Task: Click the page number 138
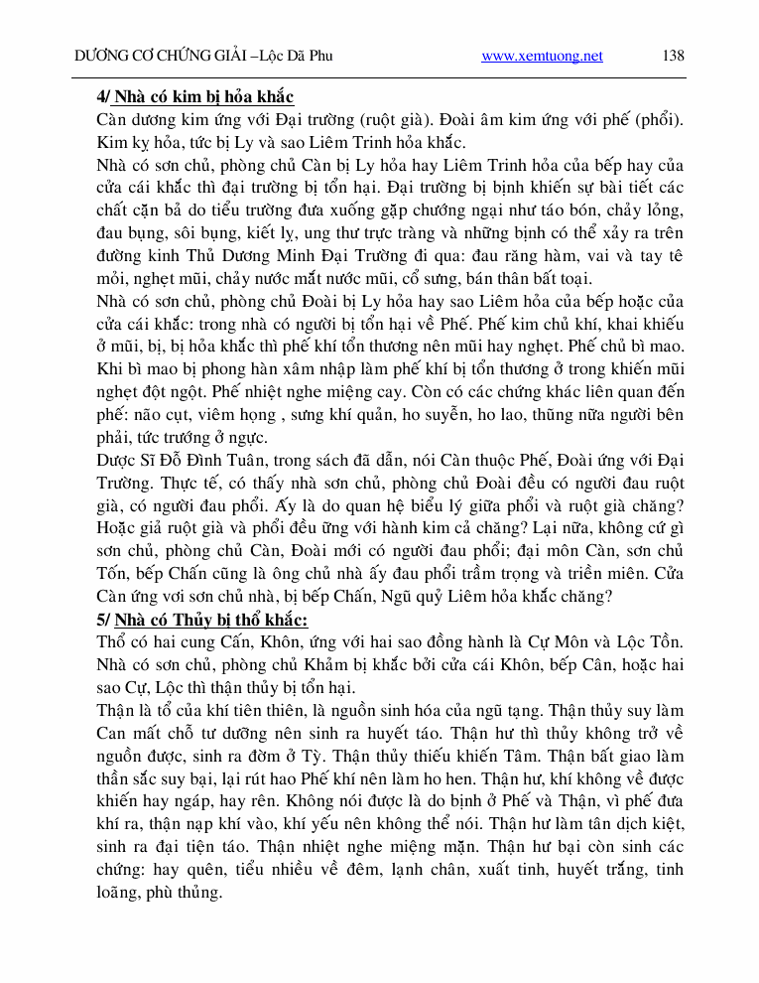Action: click(673, 56)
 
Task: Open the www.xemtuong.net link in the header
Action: click(542, 57)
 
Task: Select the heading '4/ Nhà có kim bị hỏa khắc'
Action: click(194, 97)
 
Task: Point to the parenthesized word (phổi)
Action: click(656, 119)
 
